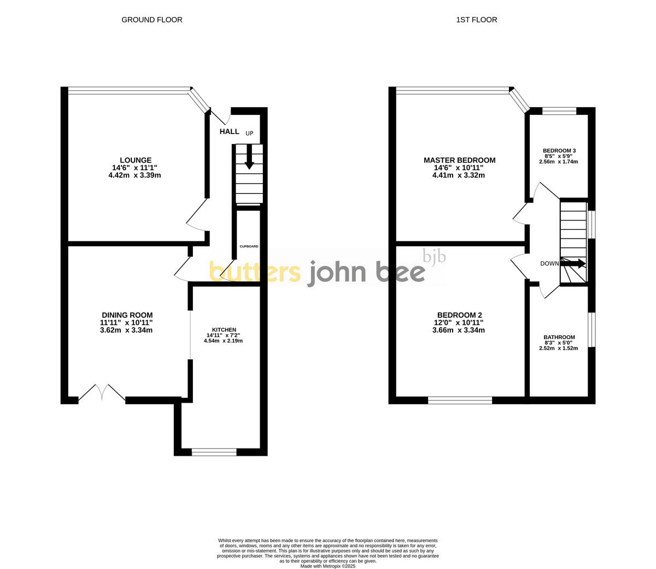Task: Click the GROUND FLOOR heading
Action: coord(151,20)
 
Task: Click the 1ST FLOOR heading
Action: coord(477,20)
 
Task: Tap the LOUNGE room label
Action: coord(136,160)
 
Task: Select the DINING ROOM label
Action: coord(127,315)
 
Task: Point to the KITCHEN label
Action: coord(224,330)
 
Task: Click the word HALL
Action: coord(230,132)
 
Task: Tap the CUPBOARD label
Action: coord(249,246)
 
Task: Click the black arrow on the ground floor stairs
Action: coord(249,157)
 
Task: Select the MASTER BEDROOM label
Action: coord(459,160)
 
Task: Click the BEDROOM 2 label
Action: coord(459,315)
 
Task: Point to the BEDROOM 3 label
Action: coord(559,150)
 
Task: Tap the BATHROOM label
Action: coord(559,337)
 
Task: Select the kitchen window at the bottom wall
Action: coord(214,452)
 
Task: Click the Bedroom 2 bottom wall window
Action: coord(460,400)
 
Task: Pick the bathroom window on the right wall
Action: coord(591,329)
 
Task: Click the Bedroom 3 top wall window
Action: coord(559,111)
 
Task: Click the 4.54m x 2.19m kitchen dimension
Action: coord(223,341)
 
